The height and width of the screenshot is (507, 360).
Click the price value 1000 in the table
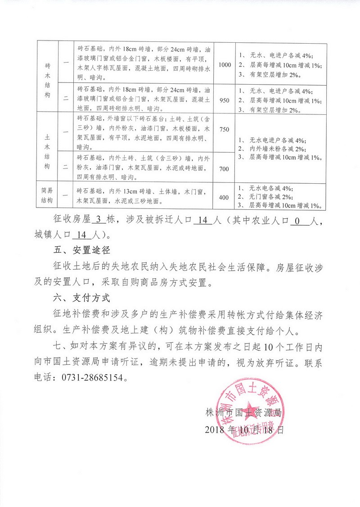225,64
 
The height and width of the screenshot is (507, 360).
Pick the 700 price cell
224,169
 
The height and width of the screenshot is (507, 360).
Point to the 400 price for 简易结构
224,197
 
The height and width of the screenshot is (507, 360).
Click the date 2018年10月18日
244,430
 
